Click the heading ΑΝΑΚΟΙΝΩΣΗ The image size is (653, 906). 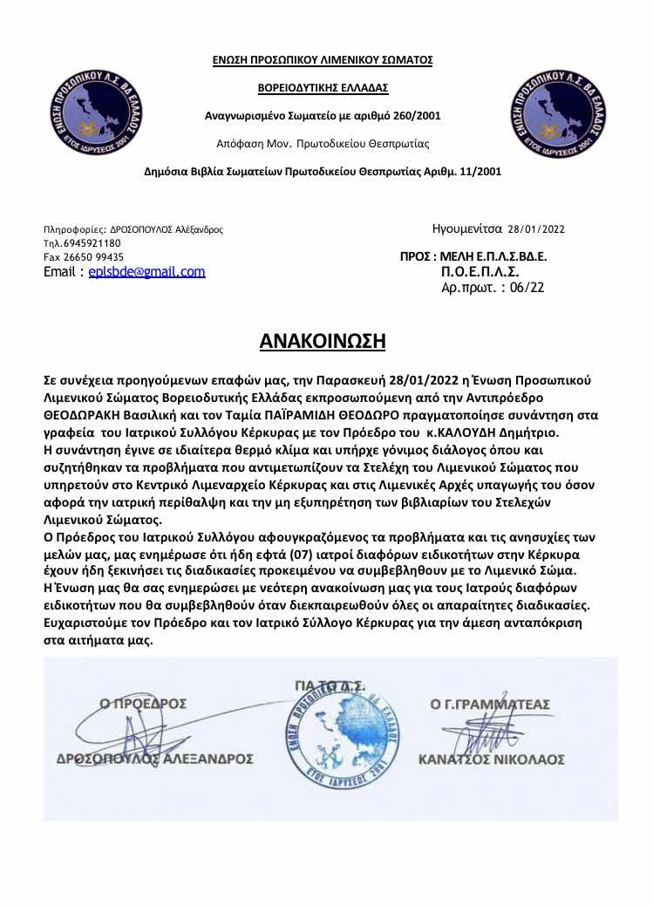(x=323, y=340)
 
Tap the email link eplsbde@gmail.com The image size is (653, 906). (x=146, y=271)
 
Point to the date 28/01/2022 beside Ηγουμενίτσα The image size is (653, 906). (x=536, y=230)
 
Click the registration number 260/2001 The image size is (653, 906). (x=418, y=115)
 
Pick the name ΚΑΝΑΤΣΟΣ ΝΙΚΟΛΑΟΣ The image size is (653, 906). (x=492, y=760)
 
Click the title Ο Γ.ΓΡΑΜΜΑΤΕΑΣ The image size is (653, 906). (x=490, y=703)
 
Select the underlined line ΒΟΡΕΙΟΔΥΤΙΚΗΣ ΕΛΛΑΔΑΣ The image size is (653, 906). (x=323, y=88)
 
